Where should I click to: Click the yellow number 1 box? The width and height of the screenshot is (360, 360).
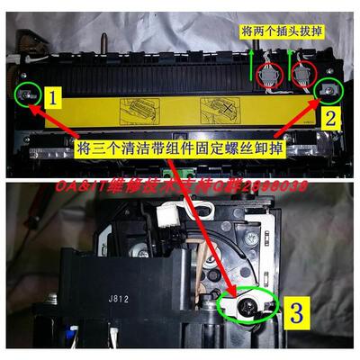tap(54, 94)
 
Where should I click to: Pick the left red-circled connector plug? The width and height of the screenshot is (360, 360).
tap(266, 76)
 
